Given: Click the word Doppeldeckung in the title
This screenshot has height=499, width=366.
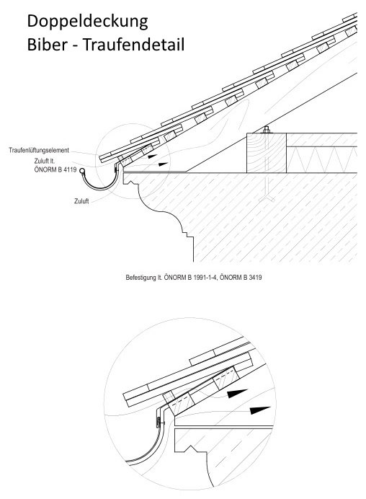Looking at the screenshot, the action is click(87, 22).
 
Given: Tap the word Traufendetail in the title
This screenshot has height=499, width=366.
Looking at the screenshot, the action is click(133, 45).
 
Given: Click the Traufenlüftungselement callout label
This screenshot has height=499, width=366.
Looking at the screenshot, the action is click(39, 150).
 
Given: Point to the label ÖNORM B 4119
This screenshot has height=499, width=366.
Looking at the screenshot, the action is click(55, 169).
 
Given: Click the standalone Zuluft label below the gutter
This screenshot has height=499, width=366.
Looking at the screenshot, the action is click(81, 201).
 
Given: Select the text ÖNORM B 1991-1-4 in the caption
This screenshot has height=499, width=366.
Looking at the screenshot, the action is click(190, 278).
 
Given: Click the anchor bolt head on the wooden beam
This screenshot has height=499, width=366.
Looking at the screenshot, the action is click(267, 130).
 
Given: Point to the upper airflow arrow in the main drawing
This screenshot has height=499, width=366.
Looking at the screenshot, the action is click(153, 156).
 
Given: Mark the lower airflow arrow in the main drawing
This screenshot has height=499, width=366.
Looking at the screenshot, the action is click(164, 164).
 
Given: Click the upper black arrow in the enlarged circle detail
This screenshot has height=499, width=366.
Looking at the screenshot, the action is click(237, 393).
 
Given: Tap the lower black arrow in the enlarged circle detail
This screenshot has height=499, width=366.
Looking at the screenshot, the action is click(260, 410).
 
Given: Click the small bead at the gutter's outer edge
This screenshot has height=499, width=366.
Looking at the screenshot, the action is click(82, 171).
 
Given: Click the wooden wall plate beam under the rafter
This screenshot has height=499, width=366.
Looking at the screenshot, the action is click(267, 153).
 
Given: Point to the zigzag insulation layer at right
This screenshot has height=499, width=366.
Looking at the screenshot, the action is click(322, 159).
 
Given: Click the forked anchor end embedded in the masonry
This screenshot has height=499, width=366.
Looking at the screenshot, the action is click(267, 198).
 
